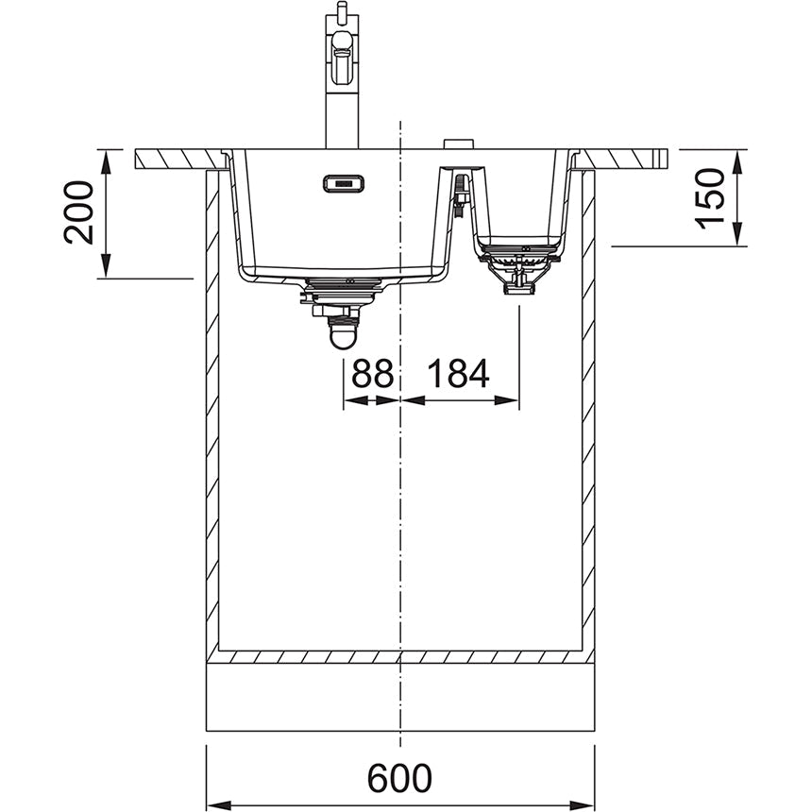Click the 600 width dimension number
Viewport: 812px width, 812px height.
[399, 779]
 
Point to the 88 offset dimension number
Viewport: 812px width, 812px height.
[371, 375]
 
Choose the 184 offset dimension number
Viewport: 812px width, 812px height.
[458, 375]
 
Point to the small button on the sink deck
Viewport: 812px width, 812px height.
[459, 144]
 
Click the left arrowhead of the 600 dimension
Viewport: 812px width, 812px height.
[214, 804]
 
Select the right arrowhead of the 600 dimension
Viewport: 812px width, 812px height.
[586, 804]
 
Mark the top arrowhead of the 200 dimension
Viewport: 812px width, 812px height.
[106, 159]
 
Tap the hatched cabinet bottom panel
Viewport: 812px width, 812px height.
[399, 656]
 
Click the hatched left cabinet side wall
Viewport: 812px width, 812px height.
[212, 415]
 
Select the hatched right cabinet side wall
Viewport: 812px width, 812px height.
[588, 415]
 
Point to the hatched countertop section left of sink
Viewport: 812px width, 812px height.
[179, 159]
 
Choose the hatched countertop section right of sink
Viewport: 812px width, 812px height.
[623, 159]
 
